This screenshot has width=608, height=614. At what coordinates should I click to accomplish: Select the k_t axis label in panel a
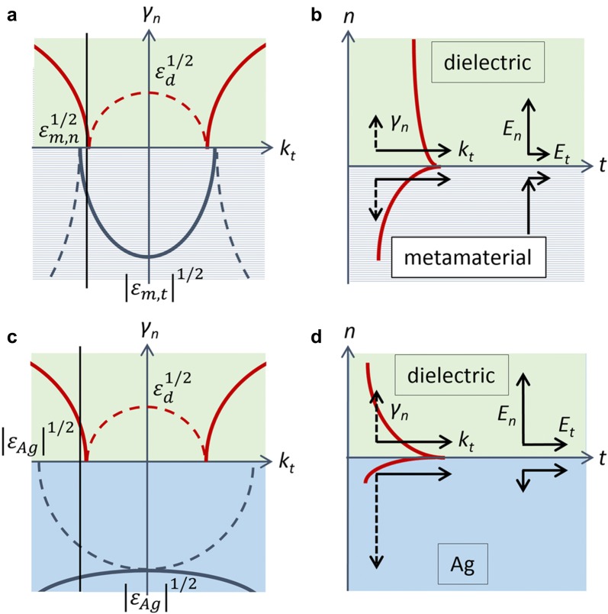pyautogui.click(x=285, y=151)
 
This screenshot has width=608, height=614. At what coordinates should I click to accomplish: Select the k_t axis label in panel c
pyautogui.click(x=285, y=463)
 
